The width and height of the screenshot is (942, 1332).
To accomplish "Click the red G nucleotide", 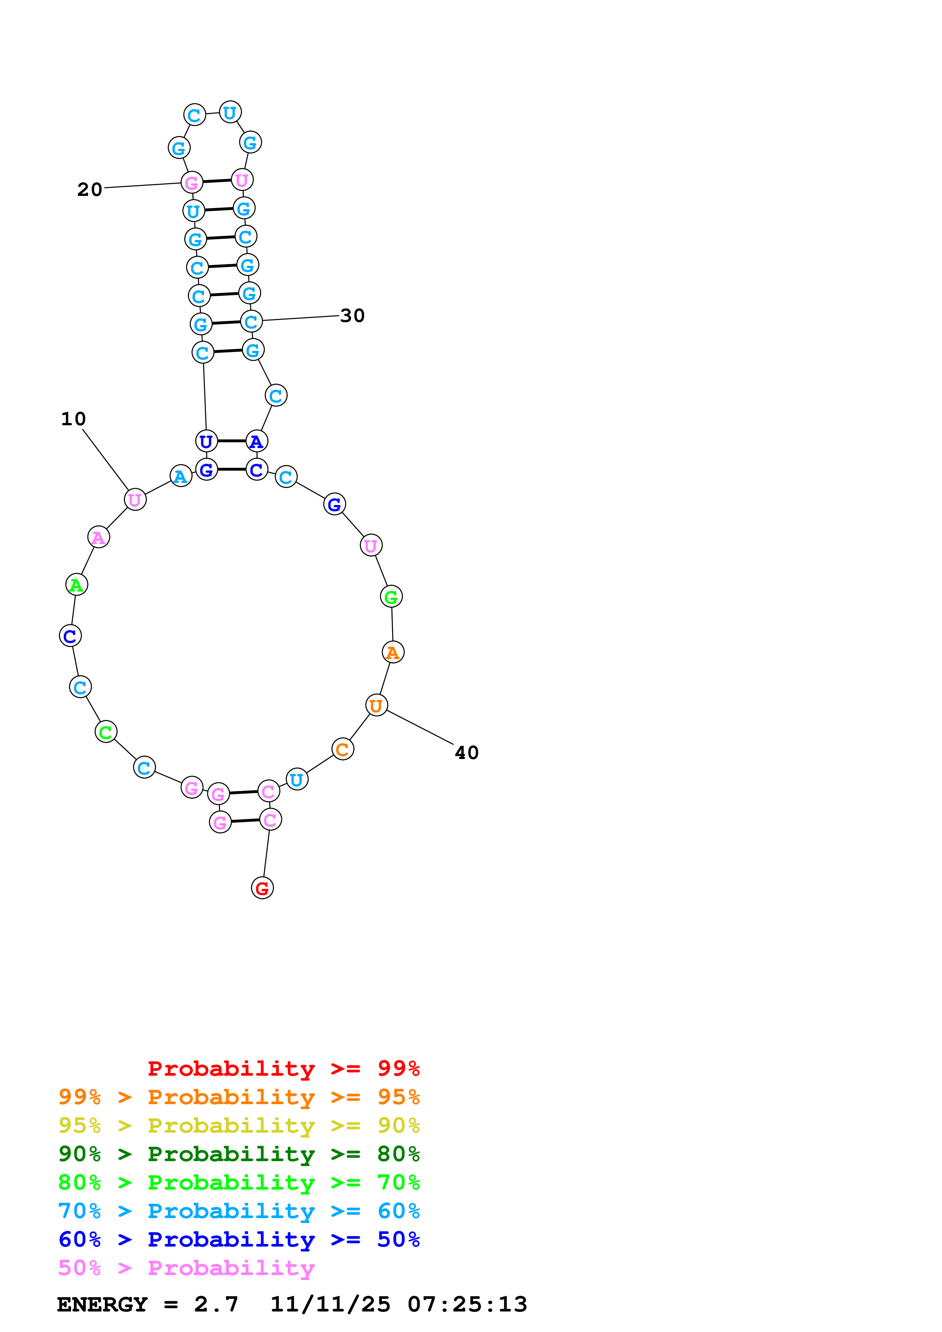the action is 262,888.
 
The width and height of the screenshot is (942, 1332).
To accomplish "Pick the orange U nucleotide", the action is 376,705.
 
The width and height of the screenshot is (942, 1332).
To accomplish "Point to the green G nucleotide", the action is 391,597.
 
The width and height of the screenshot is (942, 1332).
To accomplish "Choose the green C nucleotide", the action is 106,732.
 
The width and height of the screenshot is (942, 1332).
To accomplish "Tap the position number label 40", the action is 467,753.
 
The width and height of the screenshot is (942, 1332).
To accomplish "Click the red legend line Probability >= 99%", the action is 283,1068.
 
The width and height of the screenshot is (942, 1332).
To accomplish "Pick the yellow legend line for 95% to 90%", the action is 239,1126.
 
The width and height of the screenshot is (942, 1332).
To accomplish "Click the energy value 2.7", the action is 216,1304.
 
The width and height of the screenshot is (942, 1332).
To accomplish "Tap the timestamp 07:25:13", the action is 467,1304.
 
